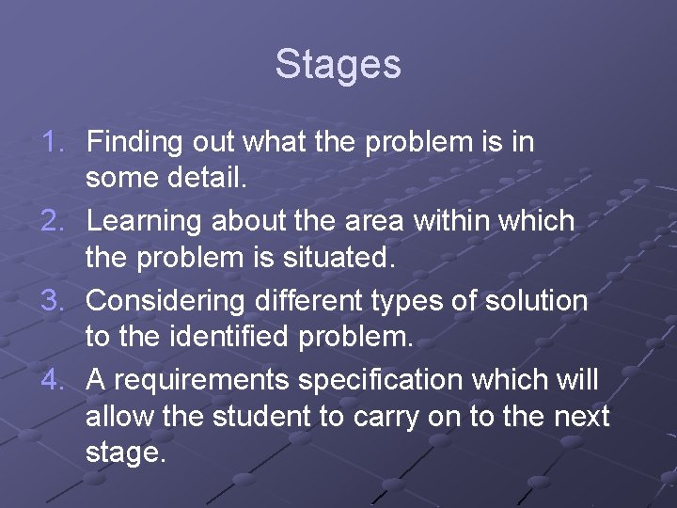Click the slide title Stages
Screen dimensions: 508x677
(338, 65)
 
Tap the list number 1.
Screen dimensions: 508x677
(54, 143)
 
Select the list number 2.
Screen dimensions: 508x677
(54, 222)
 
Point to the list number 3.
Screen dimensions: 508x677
(54, 301)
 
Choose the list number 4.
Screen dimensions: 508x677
(54, 380)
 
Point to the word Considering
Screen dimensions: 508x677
(165, 302)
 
